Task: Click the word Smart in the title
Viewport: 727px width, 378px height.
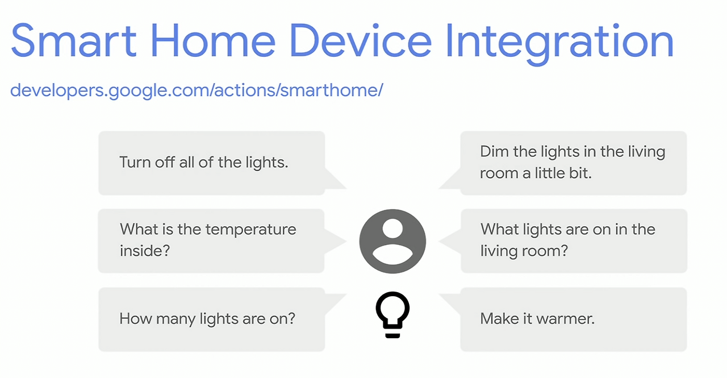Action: pos(73,40)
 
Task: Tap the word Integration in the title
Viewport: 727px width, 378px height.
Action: pos(560,44)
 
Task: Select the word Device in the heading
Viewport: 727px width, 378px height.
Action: pos(361,40)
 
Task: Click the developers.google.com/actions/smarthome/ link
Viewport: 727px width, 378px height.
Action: pos(197,90)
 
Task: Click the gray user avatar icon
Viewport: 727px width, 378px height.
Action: pos(392,241)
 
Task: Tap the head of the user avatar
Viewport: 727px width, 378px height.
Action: pos(392,229)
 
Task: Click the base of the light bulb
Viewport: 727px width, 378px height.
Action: pos(392,335)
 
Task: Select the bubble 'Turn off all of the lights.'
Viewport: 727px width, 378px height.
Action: pos(212,163)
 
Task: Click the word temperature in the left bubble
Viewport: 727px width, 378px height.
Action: pos(251,230)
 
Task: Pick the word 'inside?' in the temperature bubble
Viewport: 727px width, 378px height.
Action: pos(145,251)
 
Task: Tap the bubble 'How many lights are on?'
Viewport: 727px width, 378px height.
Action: pos(212,319)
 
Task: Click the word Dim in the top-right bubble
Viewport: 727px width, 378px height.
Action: pos(494,152)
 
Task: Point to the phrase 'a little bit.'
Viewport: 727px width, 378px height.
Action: pos(557,173)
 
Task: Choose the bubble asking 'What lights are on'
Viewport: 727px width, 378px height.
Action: pos(574,241)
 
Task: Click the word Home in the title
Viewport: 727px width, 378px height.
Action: pos(213,40)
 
